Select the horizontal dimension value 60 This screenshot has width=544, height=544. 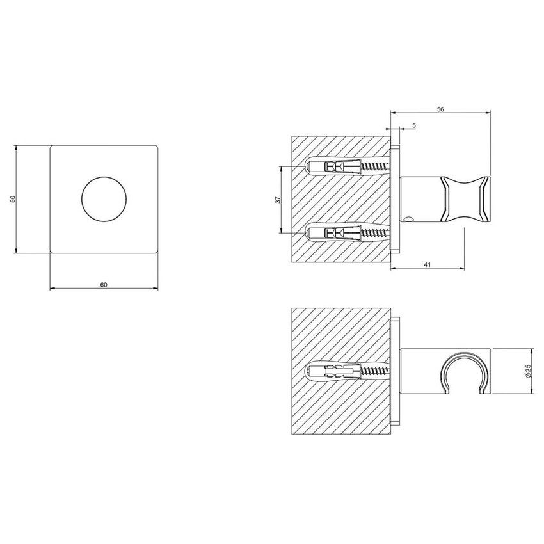pos(104,284)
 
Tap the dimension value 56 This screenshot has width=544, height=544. pos(440,110)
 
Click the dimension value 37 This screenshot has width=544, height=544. pos(278,200)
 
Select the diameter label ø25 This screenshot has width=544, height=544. pos(525,372)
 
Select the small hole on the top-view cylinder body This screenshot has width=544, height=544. pos(408,221)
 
